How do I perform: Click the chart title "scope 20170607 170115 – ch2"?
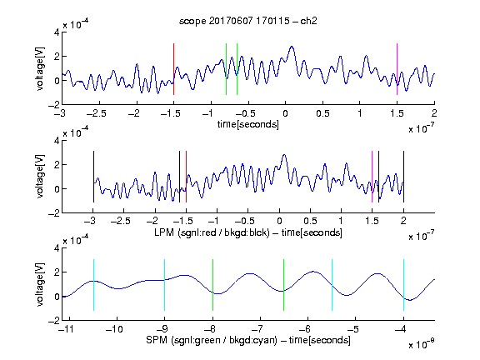(x=248, y=21)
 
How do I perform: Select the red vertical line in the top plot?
(x=174, y=69)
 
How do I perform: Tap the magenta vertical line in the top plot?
(x=397, y=69)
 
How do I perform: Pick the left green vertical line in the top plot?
(x=226, y=69)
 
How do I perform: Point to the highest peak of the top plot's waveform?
(x=292, y=47)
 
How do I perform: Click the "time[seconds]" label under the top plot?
(x=248, y=124)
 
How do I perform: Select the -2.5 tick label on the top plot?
(x=97, y=113)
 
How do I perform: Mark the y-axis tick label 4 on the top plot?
(x=57, y=32)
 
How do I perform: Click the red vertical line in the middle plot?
(x=186, y=177)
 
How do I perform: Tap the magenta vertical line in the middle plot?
(x=372, y=177)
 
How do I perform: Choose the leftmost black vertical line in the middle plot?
(x=93, y=177)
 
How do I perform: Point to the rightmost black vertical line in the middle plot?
(x=403, y=177)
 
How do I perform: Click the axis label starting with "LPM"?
(x=248, y=232)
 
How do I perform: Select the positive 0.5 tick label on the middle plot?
(x=310, y=221)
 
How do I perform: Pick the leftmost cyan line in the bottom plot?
(x=93, y=285)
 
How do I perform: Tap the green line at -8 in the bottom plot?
(x=212, y=285)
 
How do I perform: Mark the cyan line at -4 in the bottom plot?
(x=403, y=285)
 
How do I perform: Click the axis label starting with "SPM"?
(x=248, y=340)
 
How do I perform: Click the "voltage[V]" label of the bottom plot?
(x=40, y=285)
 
